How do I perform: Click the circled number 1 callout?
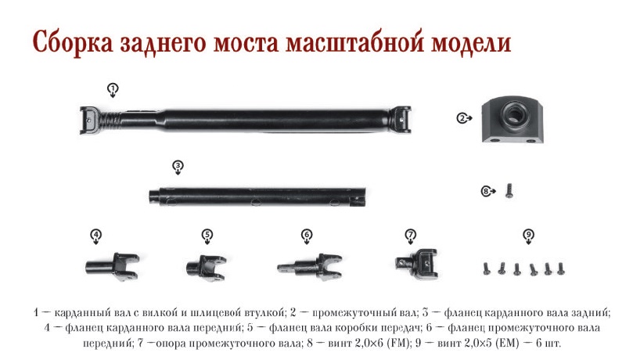pyautogui.click(x=113, y=88)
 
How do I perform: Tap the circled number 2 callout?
pyautogui.click(x=462, y=118)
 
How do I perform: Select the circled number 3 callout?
pyautogui.click(x=178, y=166)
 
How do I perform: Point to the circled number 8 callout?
pyautogui.click(x=487, y=191)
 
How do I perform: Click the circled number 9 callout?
pyautogui.click(x=528, y=235)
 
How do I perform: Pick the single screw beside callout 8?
pyautogui.click(x=509, y=190)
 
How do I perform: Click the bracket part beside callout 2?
pyautogui.click(x=513, y=119)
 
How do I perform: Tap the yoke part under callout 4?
pyautogui.click(x=113, y=266)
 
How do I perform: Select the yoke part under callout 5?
pyautogui.click(x=206, y=268)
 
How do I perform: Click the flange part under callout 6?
pyautogui.click(x=310, y=267)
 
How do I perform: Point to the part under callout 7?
pyautogui.click(x=416, y=264)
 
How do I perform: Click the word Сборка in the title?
pyautogui.click(x=73, y=42)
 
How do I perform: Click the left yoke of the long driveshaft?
pyautogui.click(x=90, y=120)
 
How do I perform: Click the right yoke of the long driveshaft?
pyautogui.click(x=400, y=120)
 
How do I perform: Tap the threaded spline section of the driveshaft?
pyautogui.click(x=110, y=120)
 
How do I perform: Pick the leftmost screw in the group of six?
pyautogui.click(x=487, y=268)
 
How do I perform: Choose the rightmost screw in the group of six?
pyautogui.click(x=561, y=268)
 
